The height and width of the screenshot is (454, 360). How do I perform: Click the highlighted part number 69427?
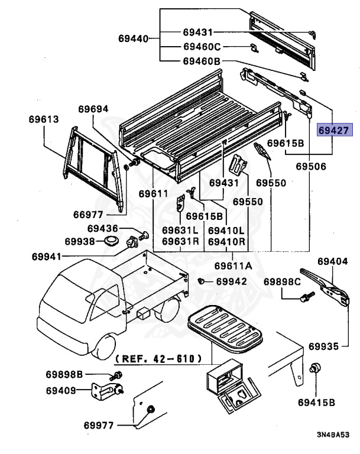coord(335,131)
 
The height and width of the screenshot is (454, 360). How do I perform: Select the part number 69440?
coord(133,40)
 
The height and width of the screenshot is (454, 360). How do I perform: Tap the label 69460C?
coord(202,46)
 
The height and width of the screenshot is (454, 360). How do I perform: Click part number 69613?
coord(43,119)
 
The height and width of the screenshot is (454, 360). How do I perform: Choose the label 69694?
coord(94,109)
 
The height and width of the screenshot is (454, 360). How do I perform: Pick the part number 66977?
coord(89,214)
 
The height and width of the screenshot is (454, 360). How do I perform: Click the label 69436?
coord(103,229)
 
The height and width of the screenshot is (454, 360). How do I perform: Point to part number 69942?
coord(231,281)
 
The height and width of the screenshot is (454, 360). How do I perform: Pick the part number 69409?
coord(62,390)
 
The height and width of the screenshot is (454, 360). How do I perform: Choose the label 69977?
coord(99,424)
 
